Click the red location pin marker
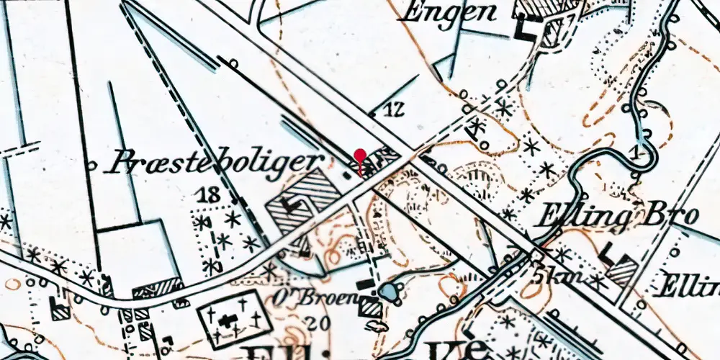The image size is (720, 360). click(360, 156)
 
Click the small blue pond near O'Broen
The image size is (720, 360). click(387, 292)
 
